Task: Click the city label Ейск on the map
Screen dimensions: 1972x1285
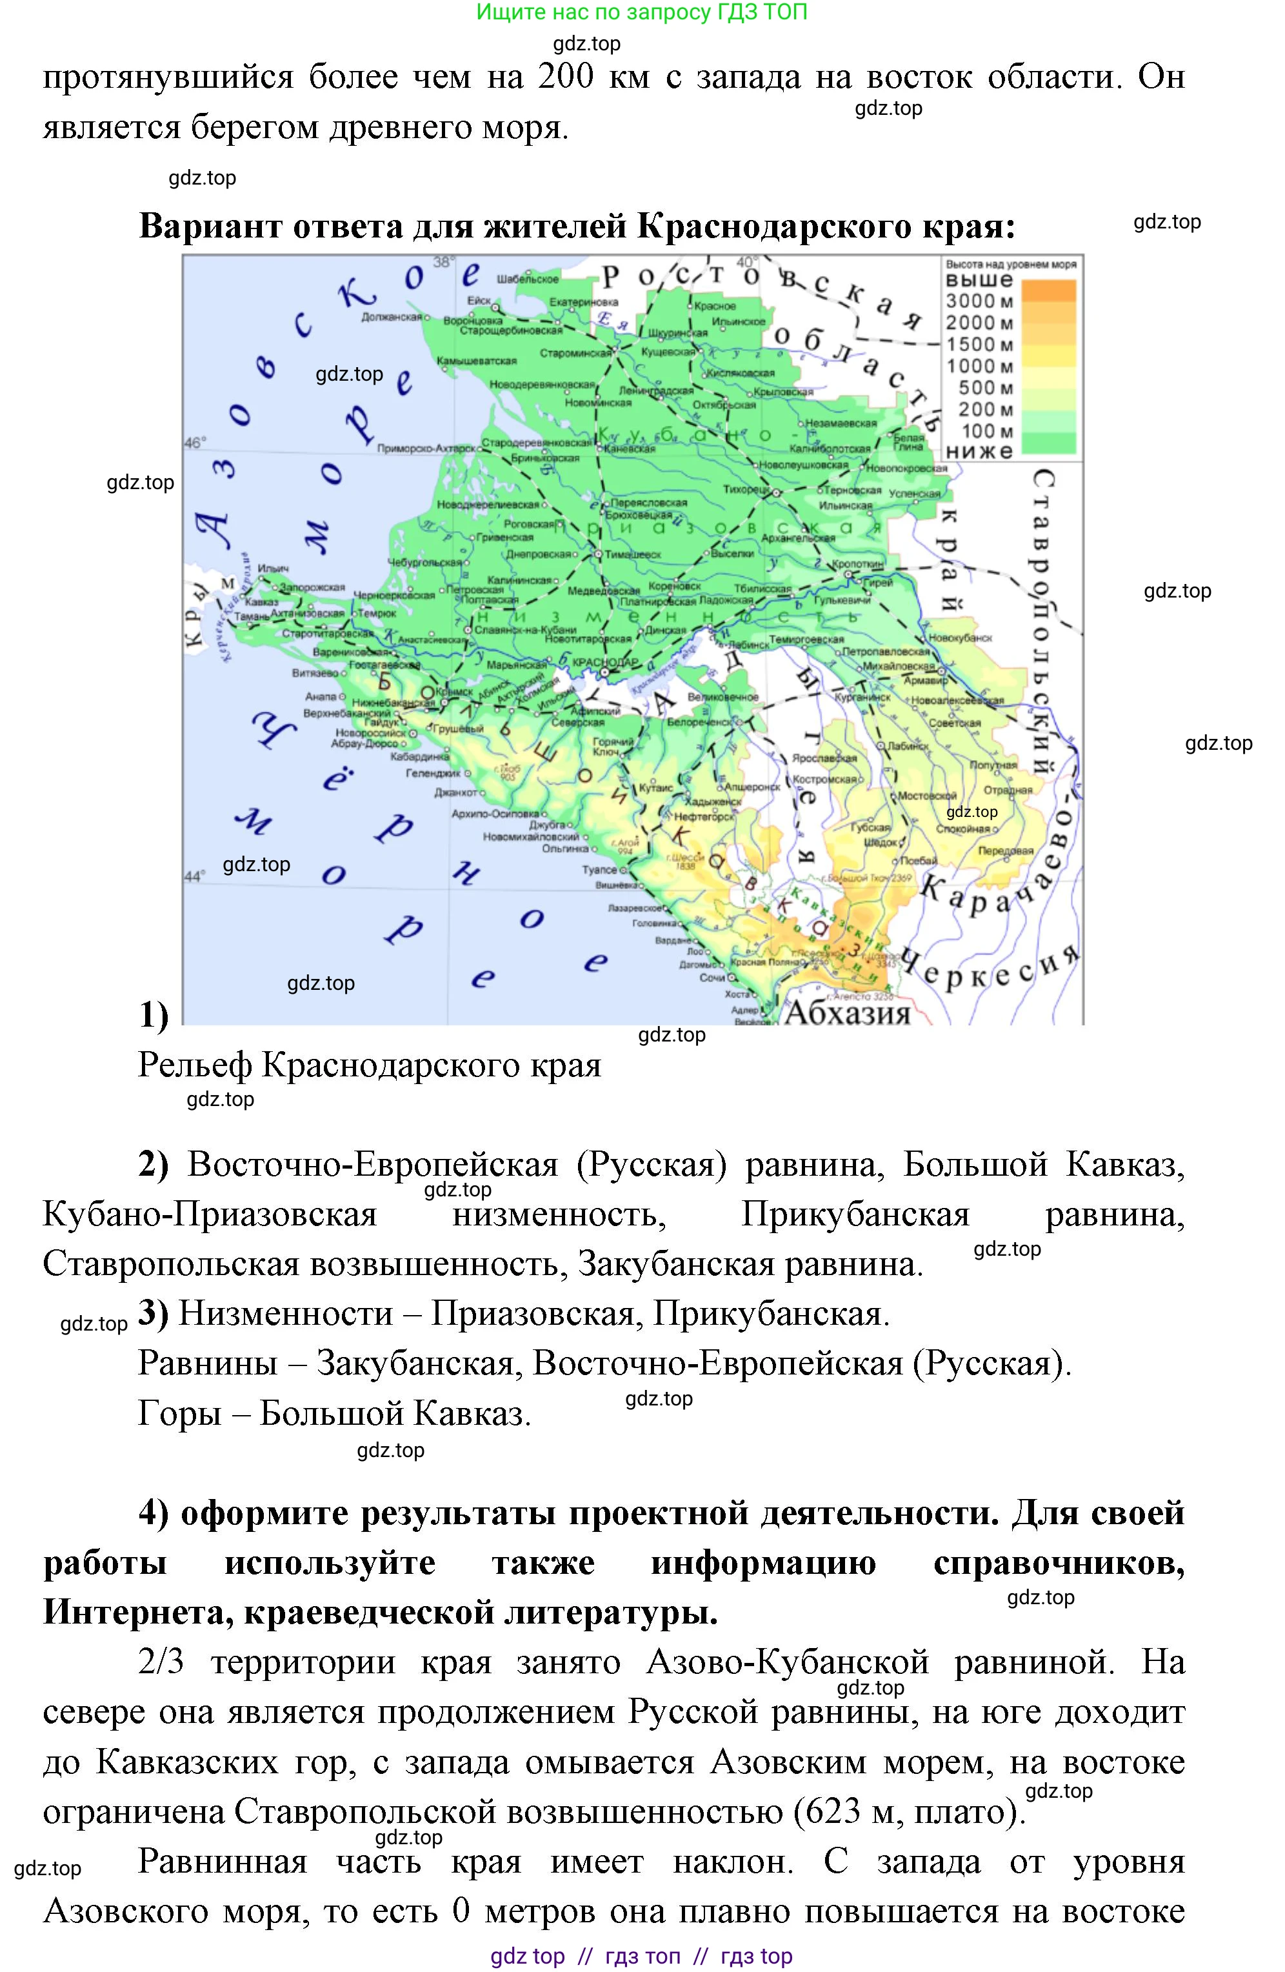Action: point(479,300)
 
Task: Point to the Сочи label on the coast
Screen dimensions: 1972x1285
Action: point(712,978)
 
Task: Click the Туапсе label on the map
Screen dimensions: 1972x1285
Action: point(600,869)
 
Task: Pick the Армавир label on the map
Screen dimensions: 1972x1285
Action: point(926,680)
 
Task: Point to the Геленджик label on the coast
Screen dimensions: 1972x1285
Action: point(432,773)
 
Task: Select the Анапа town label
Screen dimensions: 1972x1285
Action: point(321,697)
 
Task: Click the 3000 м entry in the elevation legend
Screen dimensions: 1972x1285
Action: point(979,301)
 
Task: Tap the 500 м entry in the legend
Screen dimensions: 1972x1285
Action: point(985,387)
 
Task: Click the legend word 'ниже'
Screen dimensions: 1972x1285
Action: point(979,452)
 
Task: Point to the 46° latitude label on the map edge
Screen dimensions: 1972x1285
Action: point(194,443)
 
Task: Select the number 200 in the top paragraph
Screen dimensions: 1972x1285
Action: point(566,77)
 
